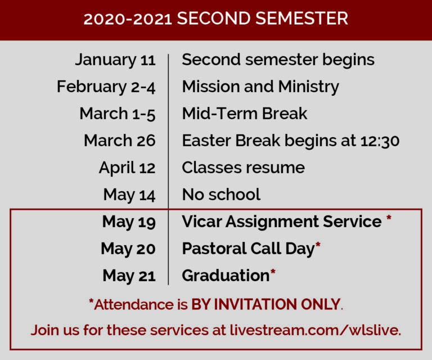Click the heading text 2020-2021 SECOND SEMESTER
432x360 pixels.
pos(216,19)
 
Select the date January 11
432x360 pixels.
pos(115,60)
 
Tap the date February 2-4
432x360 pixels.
pos(106,87)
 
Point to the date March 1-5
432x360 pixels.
pos(118,114)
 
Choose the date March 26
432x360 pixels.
pos(120,141)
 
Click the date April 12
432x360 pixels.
pos(127,168)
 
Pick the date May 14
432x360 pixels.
pos(129,195)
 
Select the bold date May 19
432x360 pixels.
pos(129,222)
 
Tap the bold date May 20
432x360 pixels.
pos(128,249)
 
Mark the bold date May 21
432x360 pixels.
pos(129,276)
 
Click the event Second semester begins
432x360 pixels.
pos(278,60)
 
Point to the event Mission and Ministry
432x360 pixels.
pos(260,87)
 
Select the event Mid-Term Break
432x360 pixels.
pos(245,114)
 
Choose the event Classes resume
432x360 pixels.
pos(243,168)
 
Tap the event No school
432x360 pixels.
pos(221,195)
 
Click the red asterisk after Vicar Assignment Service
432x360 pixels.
pos(389,218)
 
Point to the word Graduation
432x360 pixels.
pos(226,276)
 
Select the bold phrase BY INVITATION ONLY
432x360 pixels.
pos(266,305)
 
